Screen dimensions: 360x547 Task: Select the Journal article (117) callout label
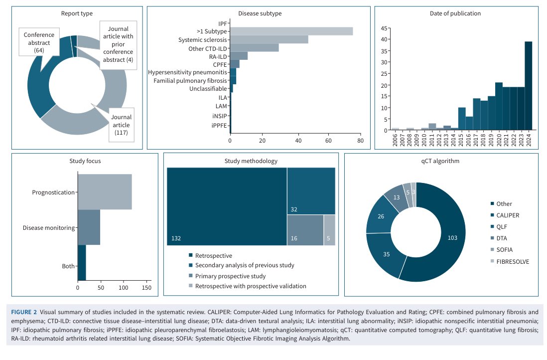tap(122, 125)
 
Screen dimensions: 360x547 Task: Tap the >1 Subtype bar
tap(291, 31)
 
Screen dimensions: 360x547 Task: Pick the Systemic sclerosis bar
tap(269, 39)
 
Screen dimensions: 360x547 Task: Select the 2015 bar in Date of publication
tap(462, 119)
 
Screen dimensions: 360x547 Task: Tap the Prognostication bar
tap(105, 192)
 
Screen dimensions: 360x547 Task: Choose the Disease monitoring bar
tap(89, 227)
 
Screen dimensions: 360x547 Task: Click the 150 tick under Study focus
tap(146, 288)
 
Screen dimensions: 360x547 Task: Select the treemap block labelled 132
tap(227, 206)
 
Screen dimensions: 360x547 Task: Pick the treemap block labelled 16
tap(305, 230)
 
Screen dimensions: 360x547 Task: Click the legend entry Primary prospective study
tap(230, 276)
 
